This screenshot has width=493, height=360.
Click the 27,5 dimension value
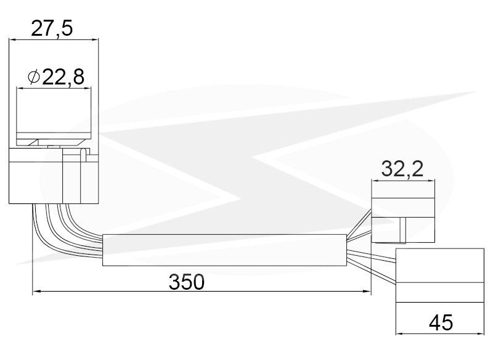tap(52, 28)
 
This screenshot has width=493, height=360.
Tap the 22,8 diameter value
tap(63, 77)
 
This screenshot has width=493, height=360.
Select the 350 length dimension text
tap(187, 282)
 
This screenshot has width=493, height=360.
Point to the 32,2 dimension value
tap(402, 169)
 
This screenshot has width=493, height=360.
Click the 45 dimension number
tap(441, 322)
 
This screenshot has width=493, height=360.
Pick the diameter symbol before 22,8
tap(34, 77)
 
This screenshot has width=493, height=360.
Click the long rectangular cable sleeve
tap(224, 250)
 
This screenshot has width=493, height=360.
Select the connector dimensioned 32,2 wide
tap(403, 220)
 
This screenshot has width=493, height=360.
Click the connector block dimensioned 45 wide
tap(439, 276)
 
